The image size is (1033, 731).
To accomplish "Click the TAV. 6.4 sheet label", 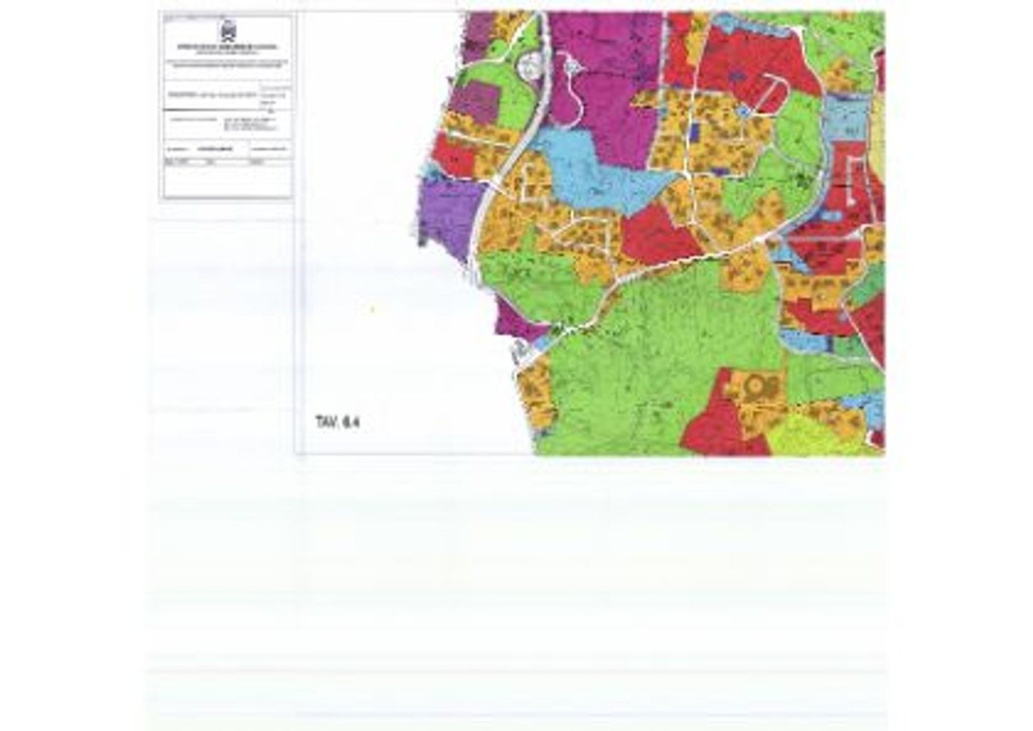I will click(x=338, y=422).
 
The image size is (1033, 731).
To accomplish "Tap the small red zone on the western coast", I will click(x=453, y=154).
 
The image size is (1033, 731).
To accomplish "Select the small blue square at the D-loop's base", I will click(x=743, y=111).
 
